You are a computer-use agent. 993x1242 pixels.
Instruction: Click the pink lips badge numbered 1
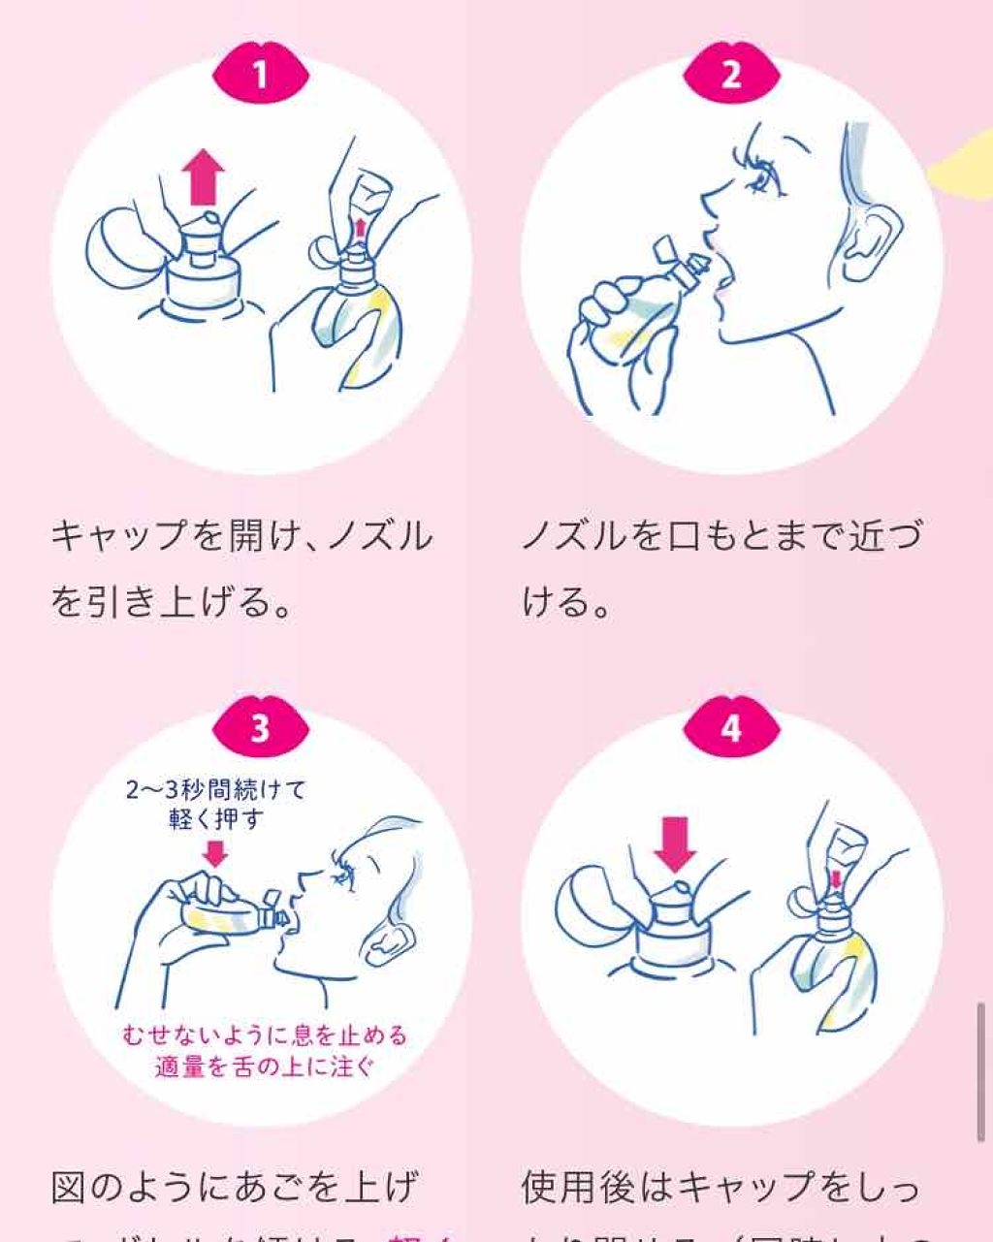tap(260, 74)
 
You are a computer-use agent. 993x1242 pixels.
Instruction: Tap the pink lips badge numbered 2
tap(731, 74)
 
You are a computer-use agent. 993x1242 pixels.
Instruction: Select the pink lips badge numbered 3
tap(260, 727)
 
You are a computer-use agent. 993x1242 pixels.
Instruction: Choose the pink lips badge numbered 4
tap(731, 727)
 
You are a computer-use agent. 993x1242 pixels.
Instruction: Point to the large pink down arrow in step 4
tap(675, 844)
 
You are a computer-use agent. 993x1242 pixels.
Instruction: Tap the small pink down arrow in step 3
tap(215, 853)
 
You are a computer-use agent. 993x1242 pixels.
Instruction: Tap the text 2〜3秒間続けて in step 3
tap(215, 790)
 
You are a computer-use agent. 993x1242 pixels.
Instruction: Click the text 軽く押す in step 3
tap(215, 819)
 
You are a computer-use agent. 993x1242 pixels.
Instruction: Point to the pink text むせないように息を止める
tap(265, 1035)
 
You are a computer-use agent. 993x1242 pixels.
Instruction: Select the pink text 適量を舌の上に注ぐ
tap(265, 1067)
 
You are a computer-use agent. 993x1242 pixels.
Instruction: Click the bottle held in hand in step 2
tap(630, 310)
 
